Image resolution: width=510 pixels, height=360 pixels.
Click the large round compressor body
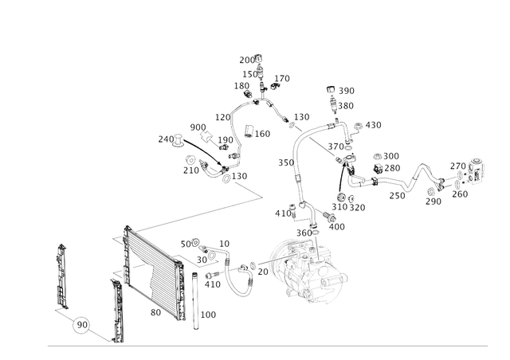coord(312,272)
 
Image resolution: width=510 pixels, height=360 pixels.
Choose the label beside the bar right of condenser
coord(209,316)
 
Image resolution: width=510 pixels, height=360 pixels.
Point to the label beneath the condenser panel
coord(157,313)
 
